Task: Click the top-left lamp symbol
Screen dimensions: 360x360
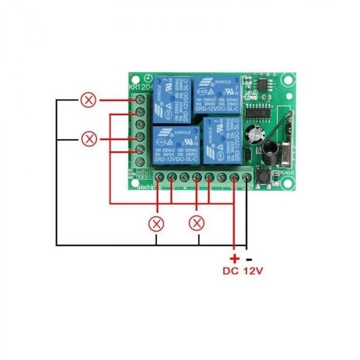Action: click(x=89, y=100)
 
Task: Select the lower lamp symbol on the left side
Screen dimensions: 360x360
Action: click(x=89, y=138)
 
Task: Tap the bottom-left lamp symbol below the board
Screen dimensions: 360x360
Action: click(x=156, y=224)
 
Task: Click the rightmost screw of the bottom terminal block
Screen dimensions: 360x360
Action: click(x=247, y=178)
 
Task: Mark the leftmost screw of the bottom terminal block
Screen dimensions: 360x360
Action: click(x=159, y=178)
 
